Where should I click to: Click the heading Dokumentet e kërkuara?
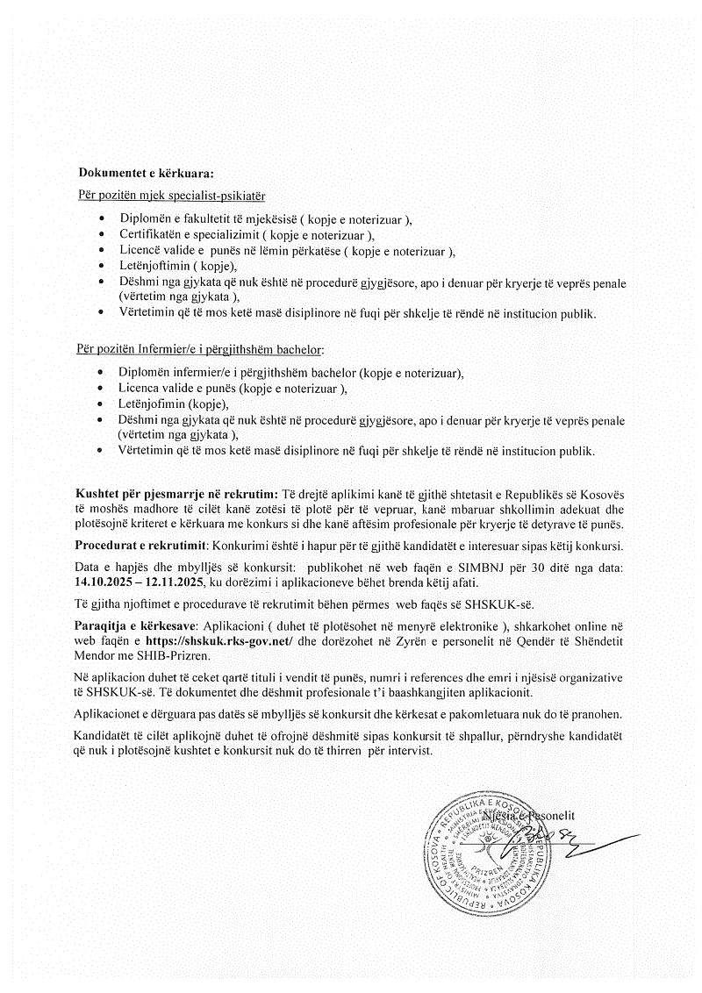point(146,172)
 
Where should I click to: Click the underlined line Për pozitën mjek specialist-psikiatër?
point(172,193)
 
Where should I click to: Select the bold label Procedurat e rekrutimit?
point(140,545)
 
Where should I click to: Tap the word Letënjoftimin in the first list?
point(154,266)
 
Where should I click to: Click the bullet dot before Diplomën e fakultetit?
point(103,219)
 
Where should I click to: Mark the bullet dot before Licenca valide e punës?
point(103,389)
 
